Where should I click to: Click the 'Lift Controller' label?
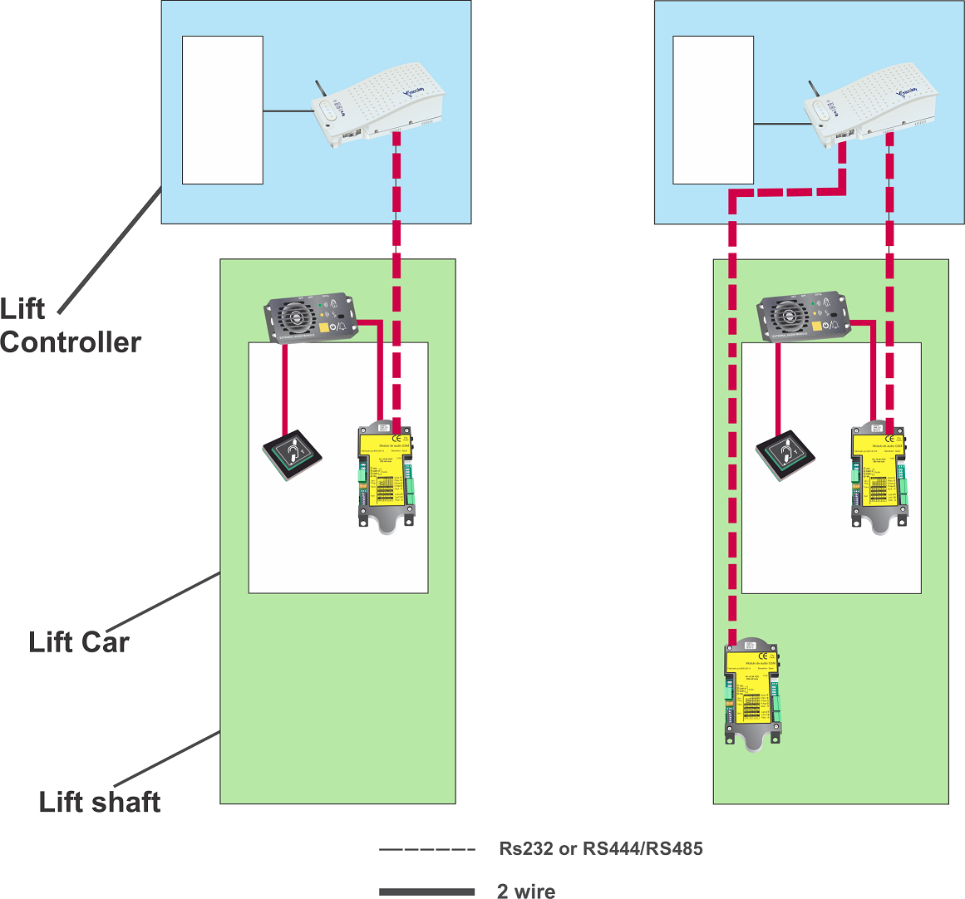coord(70,326)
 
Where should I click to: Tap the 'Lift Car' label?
coord(79,642)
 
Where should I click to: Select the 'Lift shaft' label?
coord(100,802)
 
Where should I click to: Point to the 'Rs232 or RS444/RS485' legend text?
coord(600,849)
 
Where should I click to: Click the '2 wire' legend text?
coord(525,892)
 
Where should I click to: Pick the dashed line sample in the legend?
coord(426,850)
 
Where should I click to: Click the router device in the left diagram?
coord(378,108)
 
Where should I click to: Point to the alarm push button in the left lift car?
coord(292,454)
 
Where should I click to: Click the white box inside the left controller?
coord(223,110)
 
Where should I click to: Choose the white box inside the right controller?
coord(713,110)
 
